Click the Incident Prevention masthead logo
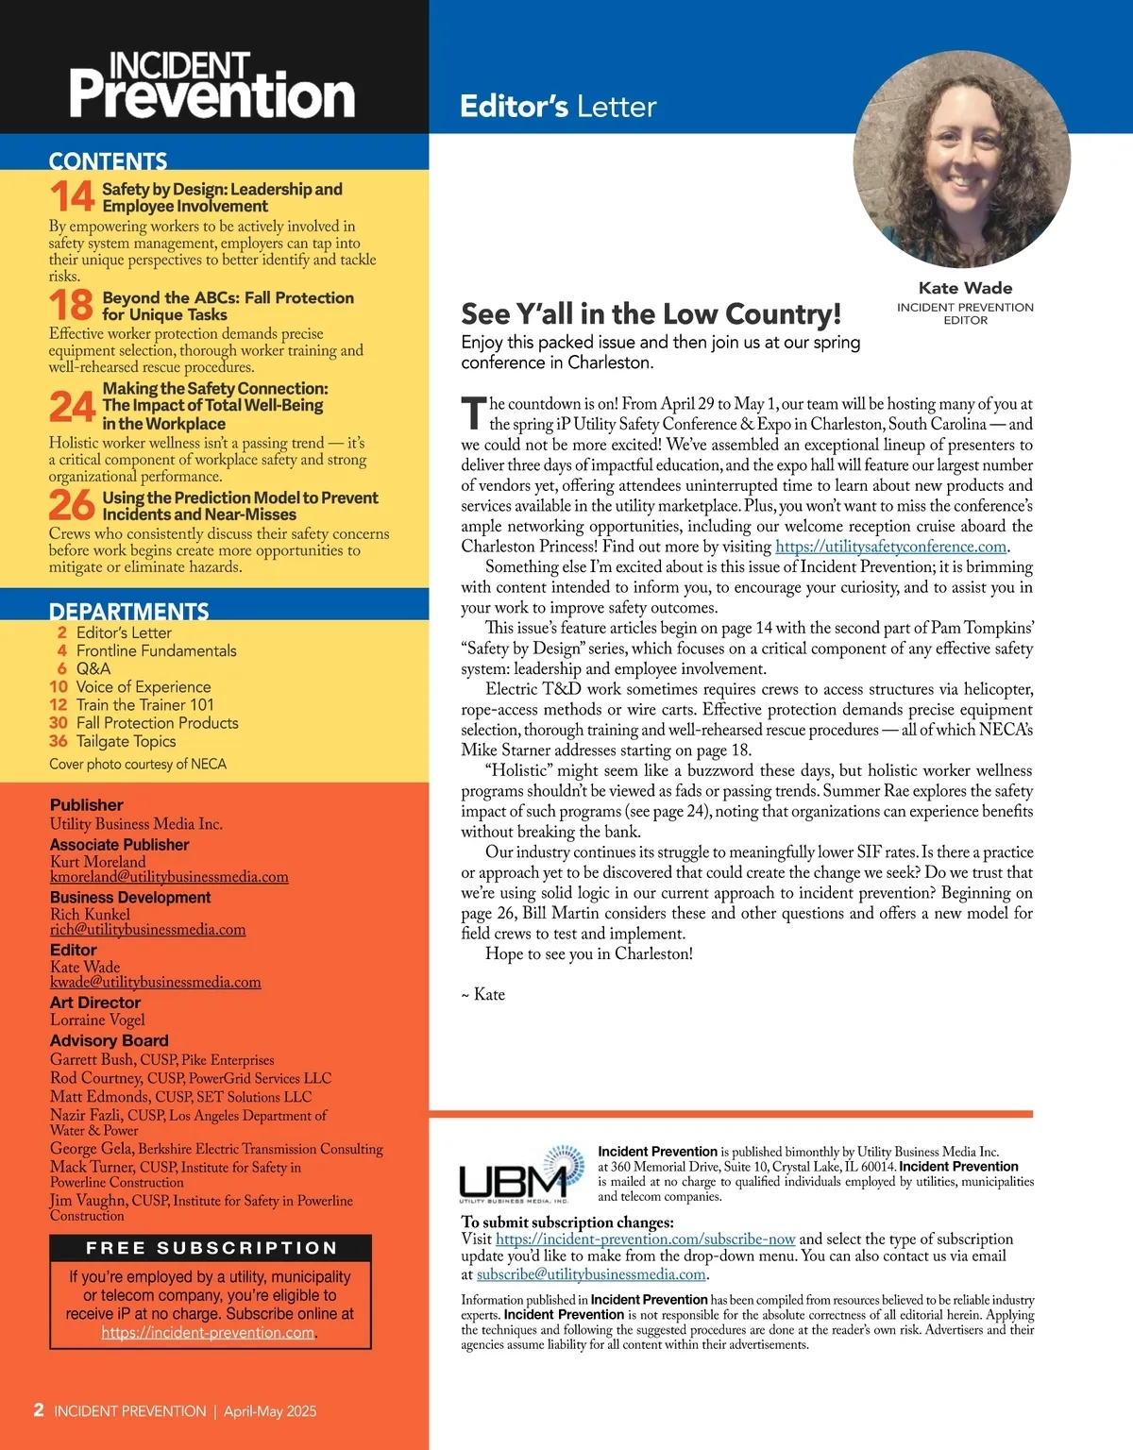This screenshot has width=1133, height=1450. point(211,86)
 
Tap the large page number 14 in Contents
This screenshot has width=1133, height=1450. point(72,196)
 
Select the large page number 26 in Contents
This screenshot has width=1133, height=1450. point(72,505)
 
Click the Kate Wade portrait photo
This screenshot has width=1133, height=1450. point(961,159)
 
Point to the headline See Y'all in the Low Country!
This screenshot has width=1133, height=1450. point(651,313)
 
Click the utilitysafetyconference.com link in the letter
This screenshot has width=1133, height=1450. point(890,547)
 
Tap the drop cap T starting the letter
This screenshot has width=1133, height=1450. point(473,413)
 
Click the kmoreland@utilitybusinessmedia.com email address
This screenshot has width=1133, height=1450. point(169,877)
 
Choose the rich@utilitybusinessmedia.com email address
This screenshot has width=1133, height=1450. point(147,930)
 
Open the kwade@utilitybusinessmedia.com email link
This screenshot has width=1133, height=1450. point(155,982)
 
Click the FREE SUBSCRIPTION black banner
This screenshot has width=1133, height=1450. point(211,1248)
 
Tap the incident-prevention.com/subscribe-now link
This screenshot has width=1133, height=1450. point(645,1239)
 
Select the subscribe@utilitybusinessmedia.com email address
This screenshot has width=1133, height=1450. point(591,1274)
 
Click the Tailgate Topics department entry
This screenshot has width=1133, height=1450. point(126,741)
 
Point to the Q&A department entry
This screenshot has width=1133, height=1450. point(93,668)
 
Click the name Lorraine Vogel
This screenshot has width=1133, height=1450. point(97,1020)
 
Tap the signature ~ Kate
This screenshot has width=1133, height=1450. point(482,994)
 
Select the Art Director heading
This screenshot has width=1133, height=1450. point(95,1003)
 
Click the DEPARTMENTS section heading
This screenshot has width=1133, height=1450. point(128,611)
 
